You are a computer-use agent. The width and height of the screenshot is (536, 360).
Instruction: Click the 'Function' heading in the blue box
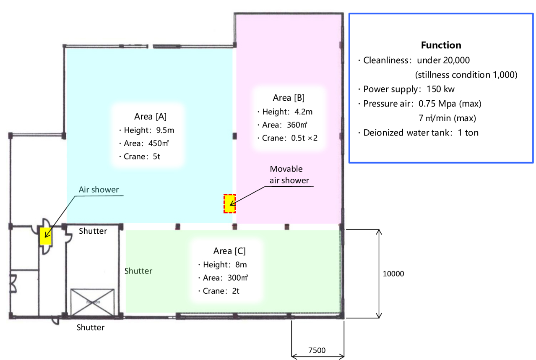[441, 45]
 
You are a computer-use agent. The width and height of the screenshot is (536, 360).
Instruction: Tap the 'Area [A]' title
[150, 117]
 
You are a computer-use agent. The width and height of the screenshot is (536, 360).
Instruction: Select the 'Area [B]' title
[289, 98]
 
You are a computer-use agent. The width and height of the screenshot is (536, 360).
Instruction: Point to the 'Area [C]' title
[229, 251]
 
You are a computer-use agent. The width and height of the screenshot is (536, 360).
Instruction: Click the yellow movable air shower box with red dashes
[230, 203]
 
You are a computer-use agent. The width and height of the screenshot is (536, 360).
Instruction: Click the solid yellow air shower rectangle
[45, 236]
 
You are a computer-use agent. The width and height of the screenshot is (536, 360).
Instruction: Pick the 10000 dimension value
[393, 274]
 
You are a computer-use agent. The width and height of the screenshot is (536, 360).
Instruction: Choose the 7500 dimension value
[317, 350]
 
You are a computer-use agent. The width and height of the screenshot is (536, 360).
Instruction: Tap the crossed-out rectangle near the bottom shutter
[92, 302]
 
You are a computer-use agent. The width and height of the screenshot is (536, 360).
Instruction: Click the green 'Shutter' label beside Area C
[138, 271]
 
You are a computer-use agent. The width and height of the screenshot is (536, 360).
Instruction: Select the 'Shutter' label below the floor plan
[91, 327]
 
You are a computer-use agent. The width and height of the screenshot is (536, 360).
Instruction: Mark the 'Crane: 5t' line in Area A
[140, 157]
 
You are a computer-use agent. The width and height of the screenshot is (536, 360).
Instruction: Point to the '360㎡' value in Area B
[297, 125]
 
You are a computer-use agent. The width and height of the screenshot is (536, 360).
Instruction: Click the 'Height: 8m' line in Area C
[223, 265]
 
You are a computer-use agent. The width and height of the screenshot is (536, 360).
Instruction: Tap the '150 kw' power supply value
[440, 89]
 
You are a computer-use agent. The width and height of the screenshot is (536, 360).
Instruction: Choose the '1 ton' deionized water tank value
[468, 133]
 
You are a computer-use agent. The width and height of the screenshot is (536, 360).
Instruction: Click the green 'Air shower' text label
[99, 190]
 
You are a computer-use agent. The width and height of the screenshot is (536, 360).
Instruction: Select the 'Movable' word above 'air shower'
[286, 169]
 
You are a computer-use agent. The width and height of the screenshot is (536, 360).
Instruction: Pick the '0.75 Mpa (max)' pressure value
[450, 104]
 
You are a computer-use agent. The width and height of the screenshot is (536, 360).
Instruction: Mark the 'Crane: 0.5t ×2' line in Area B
[287, 138]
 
